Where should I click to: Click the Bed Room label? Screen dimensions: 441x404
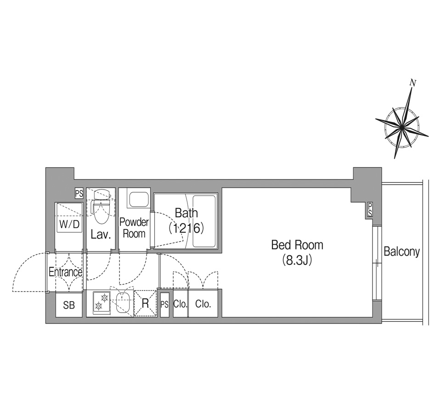297,245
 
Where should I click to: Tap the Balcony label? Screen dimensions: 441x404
401,252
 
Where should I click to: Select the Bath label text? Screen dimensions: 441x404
186,213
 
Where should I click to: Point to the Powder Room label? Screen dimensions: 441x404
134,228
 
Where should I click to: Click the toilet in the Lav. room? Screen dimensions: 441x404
101,207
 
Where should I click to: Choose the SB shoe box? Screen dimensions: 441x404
69,305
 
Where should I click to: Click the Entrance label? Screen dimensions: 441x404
65,272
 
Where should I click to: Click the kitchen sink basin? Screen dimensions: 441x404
123,303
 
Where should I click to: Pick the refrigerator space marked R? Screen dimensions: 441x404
146,303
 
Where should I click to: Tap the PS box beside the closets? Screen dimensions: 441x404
164,305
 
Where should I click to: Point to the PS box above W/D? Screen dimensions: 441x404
79,193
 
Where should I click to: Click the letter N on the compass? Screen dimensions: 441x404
413,83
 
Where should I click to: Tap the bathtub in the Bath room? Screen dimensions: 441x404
204,222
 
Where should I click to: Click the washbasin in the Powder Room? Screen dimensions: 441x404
138,200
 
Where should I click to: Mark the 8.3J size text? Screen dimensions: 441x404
297,261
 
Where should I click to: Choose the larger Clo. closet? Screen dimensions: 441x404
203,303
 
